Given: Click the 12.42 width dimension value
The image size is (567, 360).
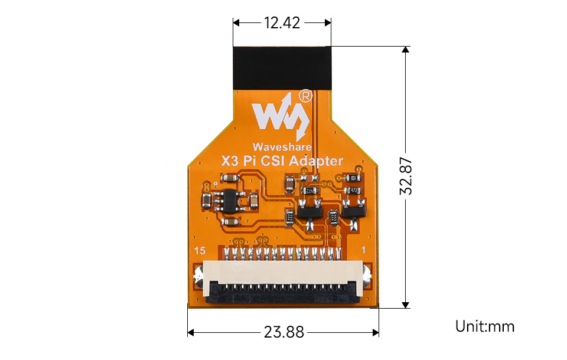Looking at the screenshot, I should click(282, 23).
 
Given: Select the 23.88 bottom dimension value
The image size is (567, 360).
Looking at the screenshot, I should click(283, 332).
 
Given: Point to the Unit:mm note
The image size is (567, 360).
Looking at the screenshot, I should click(484, 326).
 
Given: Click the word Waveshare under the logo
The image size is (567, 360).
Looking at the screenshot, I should click(282, 146).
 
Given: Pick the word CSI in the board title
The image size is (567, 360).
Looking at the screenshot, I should click(272, 161).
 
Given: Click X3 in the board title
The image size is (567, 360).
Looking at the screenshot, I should click(230, 161).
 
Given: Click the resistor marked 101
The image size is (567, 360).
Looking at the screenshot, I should click(353, 178).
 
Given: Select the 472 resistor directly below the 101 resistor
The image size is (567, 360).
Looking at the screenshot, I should click(353, 191).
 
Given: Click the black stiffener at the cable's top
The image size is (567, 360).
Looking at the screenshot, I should click(282, 67).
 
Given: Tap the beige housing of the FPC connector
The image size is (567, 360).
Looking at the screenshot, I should click(283, 274).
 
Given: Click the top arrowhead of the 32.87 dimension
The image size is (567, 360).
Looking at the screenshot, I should click(405, 50).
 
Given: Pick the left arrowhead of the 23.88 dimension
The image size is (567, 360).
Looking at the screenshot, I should click(191, 332).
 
